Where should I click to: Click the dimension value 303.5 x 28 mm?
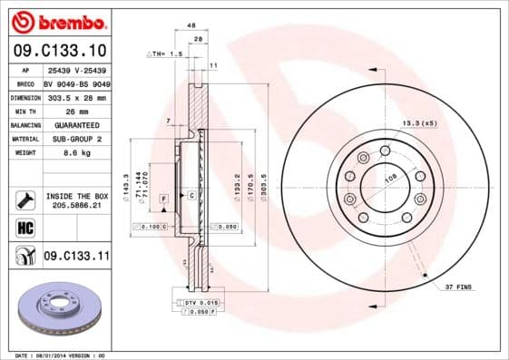pos(75,96)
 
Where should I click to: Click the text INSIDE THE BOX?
pos(76,195)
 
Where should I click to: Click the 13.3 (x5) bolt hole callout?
pos(418,122)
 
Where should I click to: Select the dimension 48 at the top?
pos(191,26)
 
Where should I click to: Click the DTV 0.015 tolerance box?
pos(199,301)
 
